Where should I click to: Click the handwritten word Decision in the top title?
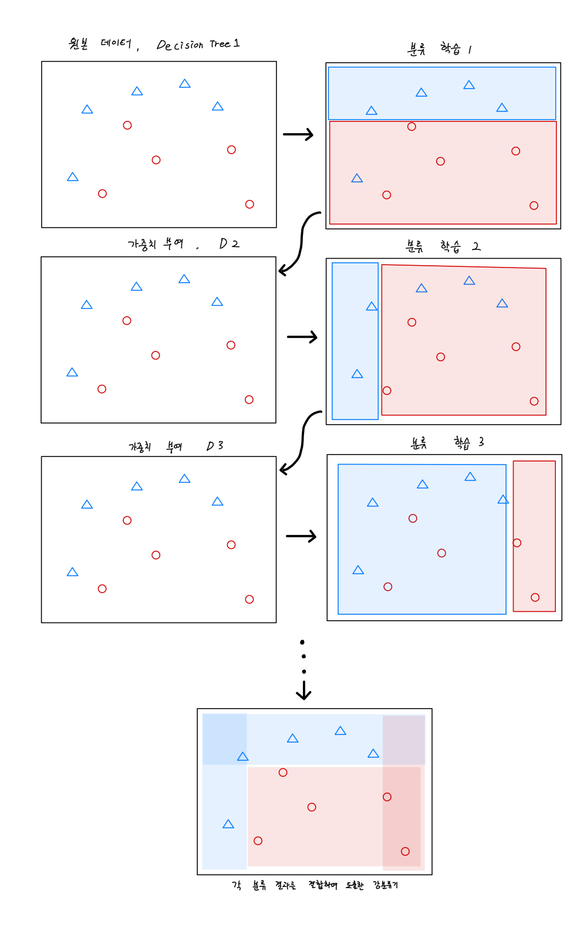click(180, 45)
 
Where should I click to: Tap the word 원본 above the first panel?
click(79, 43)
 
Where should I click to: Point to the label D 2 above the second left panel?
click(229, 243)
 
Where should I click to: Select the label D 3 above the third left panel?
click(215, 446)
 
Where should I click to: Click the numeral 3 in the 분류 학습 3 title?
click(481, 442)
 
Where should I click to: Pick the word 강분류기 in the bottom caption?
click(385, 885)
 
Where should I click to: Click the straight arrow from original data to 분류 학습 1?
click(298, 135)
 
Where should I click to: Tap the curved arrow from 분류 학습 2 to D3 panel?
click(301, 441)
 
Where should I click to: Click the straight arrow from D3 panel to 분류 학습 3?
click(301, 536)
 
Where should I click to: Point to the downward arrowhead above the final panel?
click(303, 693)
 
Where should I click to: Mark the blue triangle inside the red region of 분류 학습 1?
click(357, 178)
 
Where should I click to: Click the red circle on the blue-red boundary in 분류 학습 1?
click(411, 127)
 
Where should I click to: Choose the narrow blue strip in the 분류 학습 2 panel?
click(355, 341)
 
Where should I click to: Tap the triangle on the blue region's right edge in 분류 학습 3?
click(503, 499)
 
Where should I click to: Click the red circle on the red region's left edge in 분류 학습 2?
click(387, 391)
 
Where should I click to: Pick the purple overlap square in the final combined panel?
click(404, 740)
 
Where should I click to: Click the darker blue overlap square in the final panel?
click(225, 739)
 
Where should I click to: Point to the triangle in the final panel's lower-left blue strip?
click(228, 824)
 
